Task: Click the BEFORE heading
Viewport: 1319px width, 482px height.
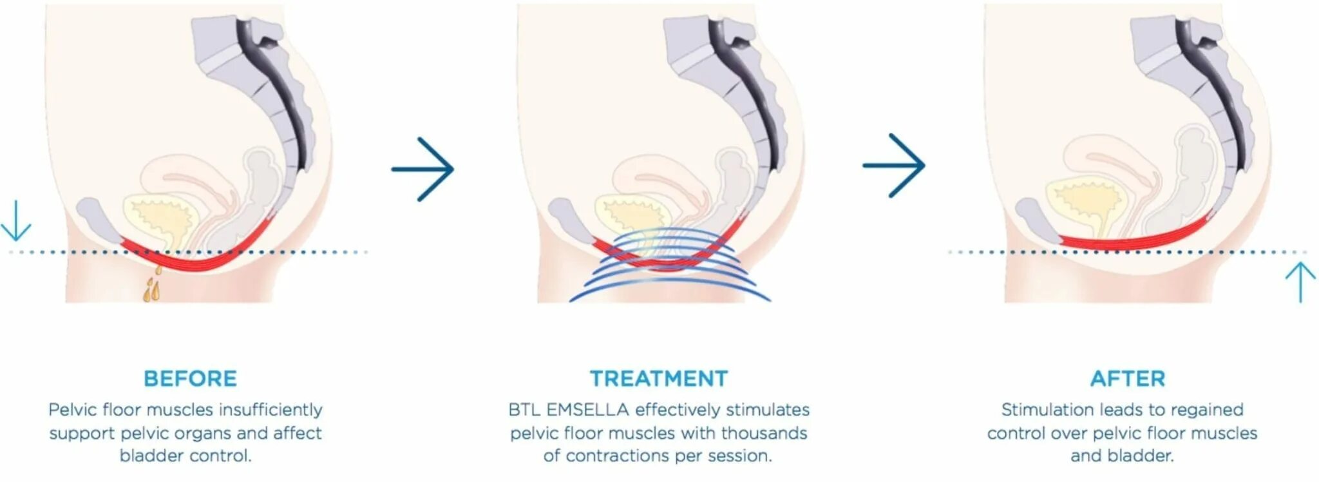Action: tap(190, 378)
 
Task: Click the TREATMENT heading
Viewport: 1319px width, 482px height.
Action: tap(659, 378)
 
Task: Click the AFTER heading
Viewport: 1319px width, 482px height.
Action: tap(1128, 378)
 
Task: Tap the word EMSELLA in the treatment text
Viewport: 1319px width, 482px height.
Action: tap(587, 410)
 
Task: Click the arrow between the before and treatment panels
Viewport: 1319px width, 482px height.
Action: tap(423, 169)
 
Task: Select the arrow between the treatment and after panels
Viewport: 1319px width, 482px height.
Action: tap(894, 165)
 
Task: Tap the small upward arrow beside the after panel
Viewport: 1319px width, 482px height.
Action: tap(1300, 282)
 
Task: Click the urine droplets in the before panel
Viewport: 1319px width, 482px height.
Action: tap(152, 287)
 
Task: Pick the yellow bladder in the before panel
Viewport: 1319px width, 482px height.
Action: tap(161, 219)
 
